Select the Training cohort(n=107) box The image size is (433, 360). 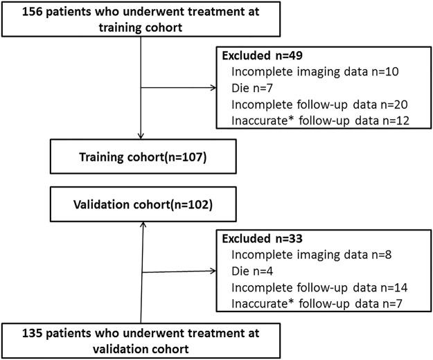pyautogui.click(x=141, y=157)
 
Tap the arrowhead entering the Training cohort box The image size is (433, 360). pyautogui.click(x=141, y=136)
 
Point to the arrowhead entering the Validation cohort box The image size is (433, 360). pyautogui.click(x=141, y=224)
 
